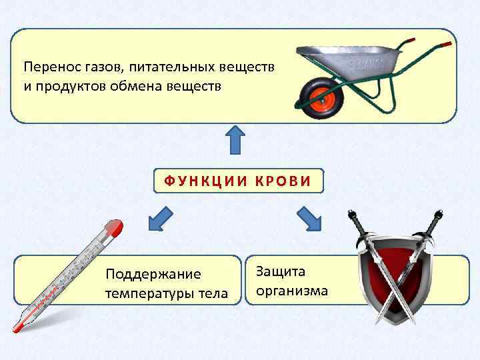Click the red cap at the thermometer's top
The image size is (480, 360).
click(115, 228)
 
